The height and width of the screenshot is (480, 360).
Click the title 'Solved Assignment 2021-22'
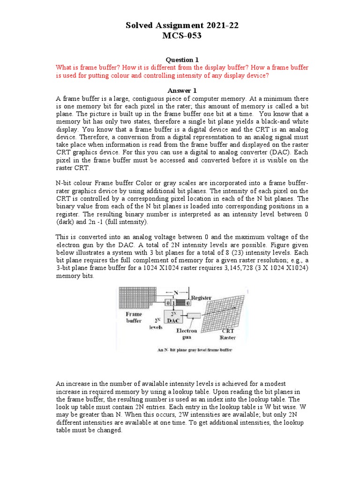[182, 26]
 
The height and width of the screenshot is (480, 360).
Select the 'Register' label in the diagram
[200, 298]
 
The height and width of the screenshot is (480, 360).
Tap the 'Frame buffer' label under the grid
[133, 317]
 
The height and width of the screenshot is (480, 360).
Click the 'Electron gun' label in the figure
[187, 334]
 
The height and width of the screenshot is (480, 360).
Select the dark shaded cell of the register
[180, 304]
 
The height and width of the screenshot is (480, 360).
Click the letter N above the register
[176, 292]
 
